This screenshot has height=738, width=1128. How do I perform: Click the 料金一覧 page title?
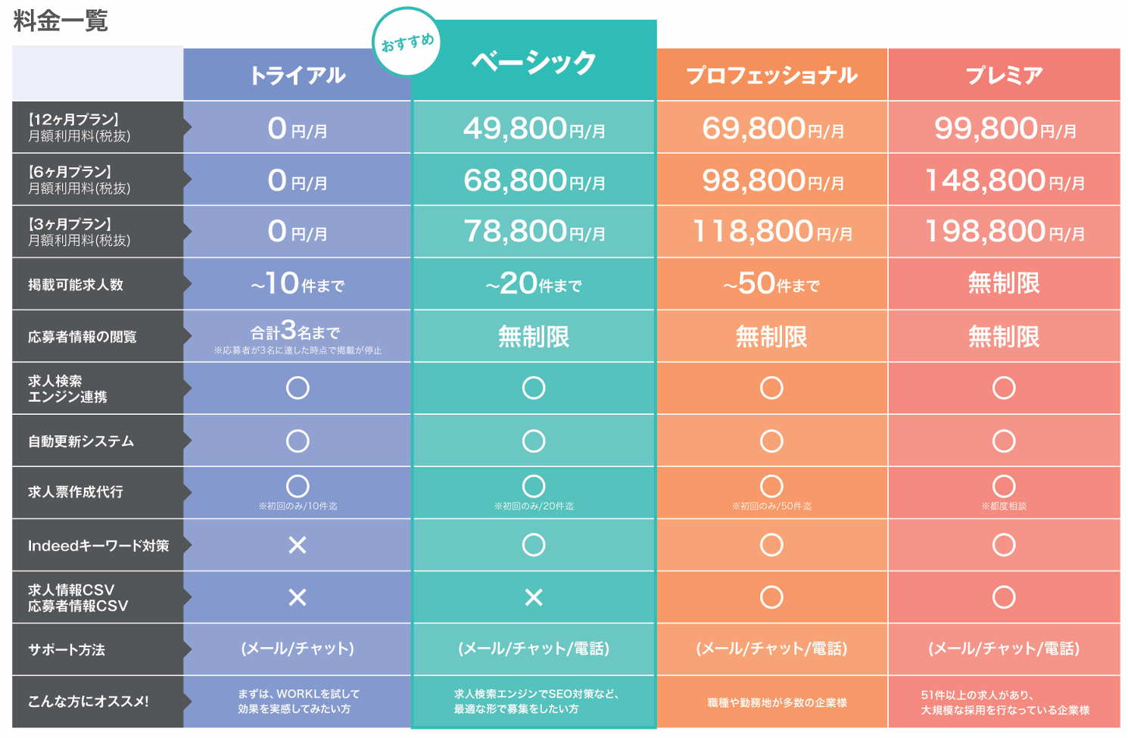pos(61,20)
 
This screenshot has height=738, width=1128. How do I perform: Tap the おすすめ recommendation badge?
pos(407,42)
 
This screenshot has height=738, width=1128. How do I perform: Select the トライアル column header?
pos(298,75)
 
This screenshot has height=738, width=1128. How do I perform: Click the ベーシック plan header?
pos(534,62)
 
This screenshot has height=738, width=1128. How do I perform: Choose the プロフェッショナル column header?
pos(771,75)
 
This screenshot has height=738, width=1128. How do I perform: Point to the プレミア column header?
pos(1004,75)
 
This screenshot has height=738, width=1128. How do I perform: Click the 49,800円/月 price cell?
pos(534,129)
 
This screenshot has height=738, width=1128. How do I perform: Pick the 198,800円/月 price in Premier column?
pos(1004,232)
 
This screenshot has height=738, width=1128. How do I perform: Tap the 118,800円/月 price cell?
pos(771,232)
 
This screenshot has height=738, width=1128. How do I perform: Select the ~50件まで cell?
pos(771,285)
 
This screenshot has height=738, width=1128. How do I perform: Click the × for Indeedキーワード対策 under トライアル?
pos(298,545)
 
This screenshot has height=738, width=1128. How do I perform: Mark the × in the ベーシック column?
pos(534,597)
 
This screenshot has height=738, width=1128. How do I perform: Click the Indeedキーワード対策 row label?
pos(98,546)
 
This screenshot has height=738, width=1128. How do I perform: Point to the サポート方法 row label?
pos(67,649)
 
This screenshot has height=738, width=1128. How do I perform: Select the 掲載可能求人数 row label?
pos(76,285)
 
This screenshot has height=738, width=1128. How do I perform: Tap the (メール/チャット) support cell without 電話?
pos(298,649)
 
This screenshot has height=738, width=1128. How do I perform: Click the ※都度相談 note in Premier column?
pos(1004,506)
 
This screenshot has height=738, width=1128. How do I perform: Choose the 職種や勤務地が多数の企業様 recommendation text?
pos(777,702)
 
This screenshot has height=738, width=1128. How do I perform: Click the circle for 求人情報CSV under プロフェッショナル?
pos(771,597)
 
